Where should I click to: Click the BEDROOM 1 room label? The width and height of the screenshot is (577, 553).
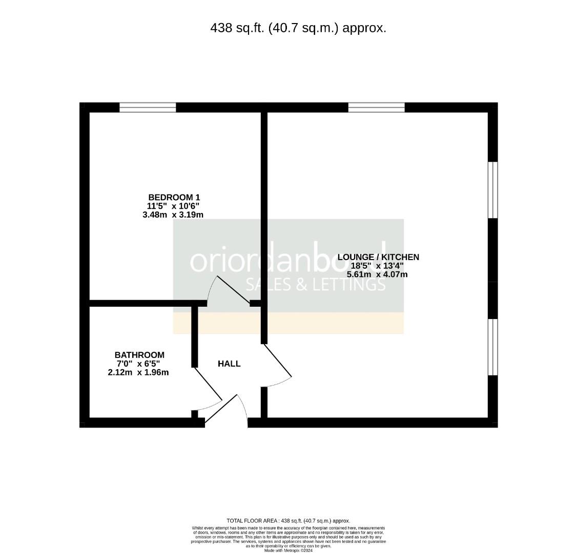pos(174,197)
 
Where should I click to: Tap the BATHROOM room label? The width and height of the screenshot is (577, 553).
pos(139,355)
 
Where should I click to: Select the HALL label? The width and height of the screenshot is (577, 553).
pos(229,364)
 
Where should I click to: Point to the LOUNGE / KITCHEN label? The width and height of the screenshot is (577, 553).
pos(378,257)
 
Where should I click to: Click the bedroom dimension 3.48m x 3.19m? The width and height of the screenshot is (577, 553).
pos(173,215)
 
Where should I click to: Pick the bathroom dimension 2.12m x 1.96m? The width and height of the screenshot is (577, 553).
pos(138,373)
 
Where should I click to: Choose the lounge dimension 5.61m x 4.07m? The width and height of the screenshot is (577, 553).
pos(377,274)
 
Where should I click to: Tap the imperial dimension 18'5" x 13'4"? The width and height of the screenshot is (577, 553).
pos(377,266)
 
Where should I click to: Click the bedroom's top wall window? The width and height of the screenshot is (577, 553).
pos(148,108)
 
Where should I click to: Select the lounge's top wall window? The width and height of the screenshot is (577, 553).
pos(376,108)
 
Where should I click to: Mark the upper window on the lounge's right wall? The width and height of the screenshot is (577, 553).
pos(492,190)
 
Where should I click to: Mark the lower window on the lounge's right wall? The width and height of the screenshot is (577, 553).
pos(492,347)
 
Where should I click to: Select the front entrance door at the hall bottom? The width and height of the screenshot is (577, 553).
pos(221,409)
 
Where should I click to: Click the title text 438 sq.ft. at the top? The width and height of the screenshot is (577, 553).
pos(298,28)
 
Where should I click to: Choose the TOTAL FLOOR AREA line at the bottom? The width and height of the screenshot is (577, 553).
pos(288,521)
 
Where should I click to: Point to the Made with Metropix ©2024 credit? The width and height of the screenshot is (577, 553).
pos(288,550)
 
